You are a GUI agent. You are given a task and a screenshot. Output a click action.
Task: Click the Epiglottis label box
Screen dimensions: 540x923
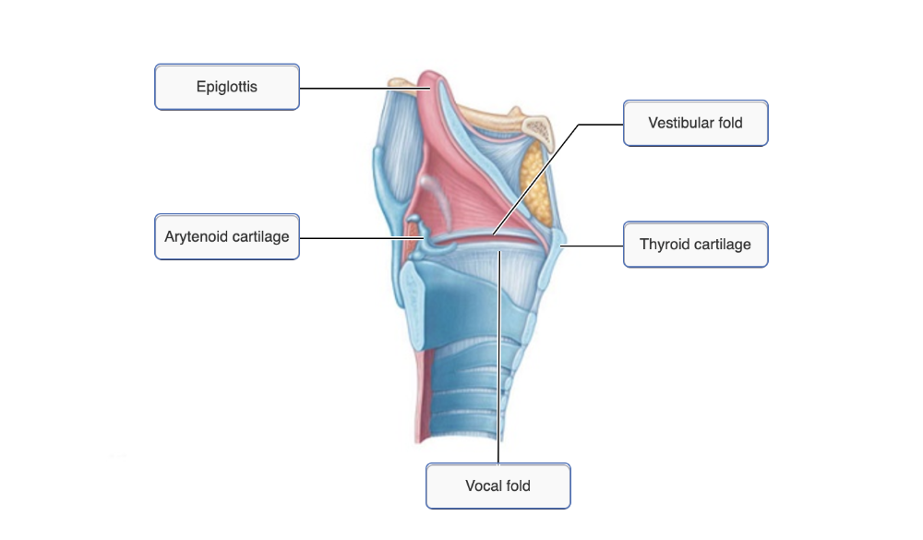(x=226, y=88)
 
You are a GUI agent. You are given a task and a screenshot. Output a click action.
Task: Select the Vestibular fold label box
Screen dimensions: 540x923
(x=695, y=123)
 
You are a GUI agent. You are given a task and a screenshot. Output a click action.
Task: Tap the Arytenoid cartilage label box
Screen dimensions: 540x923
(x=226, y=237)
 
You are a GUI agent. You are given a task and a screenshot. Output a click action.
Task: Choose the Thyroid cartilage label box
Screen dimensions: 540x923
(x=695, y=245)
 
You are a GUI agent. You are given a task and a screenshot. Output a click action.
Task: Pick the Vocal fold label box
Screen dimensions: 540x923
(x=497, y=486)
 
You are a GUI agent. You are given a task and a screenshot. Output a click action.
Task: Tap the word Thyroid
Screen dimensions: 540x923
(x=664, y=245)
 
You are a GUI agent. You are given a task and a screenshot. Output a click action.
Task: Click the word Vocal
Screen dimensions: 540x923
(x=484, y=486)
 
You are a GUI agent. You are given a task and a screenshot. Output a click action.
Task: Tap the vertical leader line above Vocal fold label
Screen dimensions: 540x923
(x=498, y=369)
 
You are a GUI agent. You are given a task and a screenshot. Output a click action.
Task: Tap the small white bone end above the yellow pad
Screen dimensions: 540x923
(x=536, y=130)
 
